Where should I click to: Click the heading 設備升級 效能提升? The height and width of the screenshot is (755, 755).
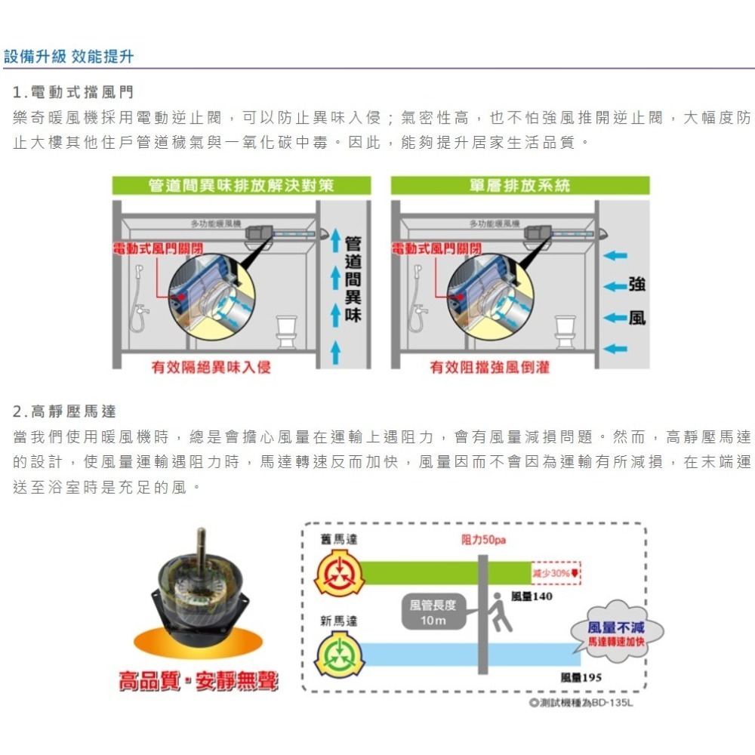click(69, 57)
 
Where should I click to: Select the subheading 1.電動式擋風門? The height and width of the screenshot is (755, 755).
click(73, 92)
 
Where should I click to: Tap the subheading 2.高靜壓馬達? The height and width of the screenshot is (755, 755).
click(65, 411)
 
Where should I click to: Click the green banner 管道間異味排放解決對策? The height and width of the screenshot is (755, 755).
click(241, 185)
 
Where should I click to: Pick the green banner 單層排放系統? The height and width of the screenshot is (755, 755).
click(519, 185)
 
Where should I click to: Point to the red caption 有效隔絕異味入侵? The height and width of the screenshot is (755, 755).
click(211, 367)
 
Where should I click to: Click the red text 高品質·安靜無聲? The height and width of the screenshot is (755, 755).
click(198, 682)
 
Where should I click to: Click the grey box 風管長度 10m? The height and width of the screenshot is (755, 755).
click(433, 612)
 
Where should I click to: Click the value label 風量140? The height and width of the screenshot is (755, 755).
click(532, 596)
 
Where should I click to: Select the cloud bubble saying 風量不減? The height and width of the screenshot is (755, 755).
click(615, 633)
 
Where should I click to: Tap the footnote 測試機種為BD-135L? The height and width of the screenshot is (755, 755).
click(581, 703)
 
